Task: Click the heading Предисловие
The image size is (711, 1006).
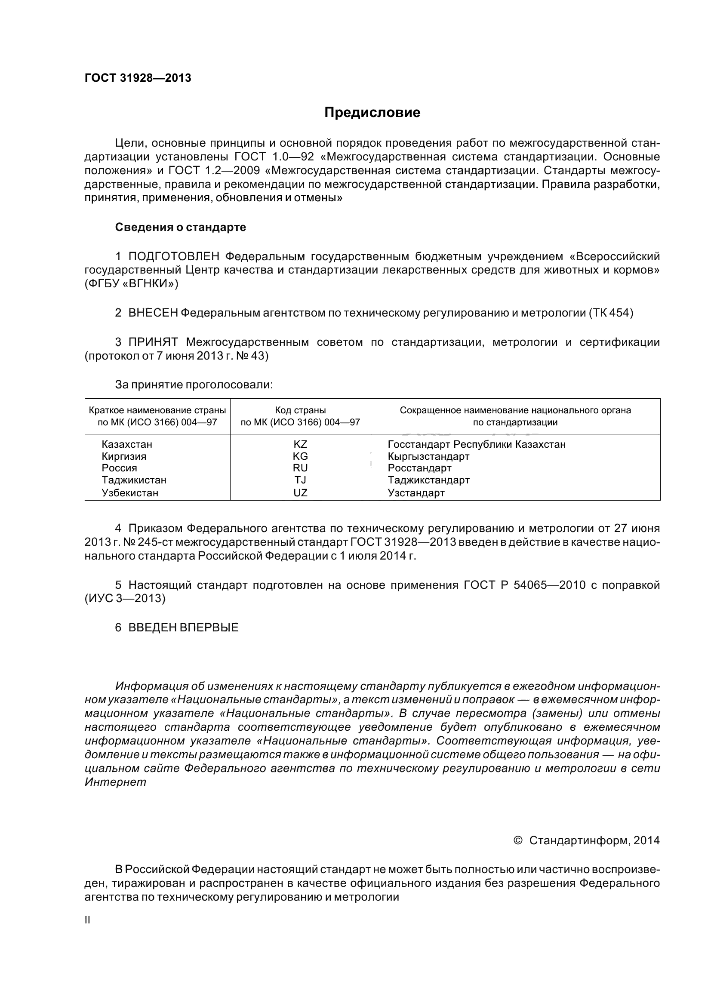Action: click(x=372, y=113)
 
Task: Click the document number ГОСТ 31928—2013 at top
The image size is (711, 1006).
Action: click(x=138, y=78)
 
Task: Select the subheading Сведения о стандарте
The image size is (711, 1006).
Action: click(x=180, y=227)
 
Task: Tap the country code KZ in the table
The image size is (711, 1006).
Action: click(x=300, y=444)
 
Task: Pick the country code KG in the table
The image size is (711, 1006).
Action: click(x=300, y=456)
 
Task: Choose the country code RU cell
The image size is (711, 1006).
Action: click(x=300, y=468)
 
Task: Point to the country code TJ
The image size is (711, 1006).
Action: click(x=300, y=480)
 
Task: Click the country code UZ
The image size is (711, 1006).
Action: click(x=300, y=492)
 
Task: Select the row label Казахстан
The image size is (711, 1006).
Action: click(x=126, y=444)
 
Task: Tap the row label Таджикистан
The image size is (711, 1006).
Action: click(x=134, y=480)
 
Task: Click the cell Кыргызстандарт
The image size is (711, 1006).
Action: click(x=428, y=456)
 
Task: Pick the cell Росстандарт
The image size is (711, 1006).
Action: click(x=419, y=468)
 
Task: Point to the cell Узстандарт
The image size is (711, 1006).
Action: click(x=416, y=492)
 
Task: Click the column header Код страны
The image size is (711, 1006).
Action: click(x=300, y=411)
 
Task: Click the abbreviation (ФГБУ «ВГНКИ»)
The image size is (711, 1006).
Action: click(x=131, y=283)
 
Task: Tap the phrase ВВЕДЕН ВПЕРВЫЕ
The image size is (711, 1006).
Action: click(x=183, y=628)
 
